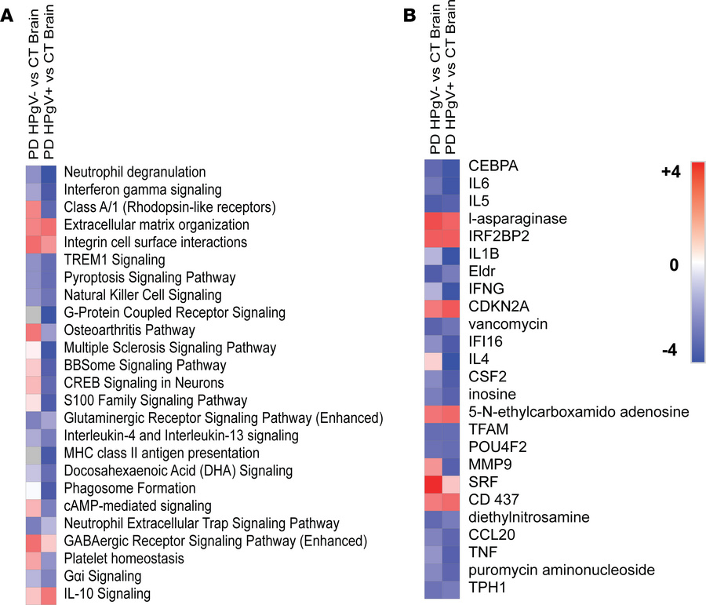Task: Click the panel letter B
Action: click(x=409, y=15)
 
